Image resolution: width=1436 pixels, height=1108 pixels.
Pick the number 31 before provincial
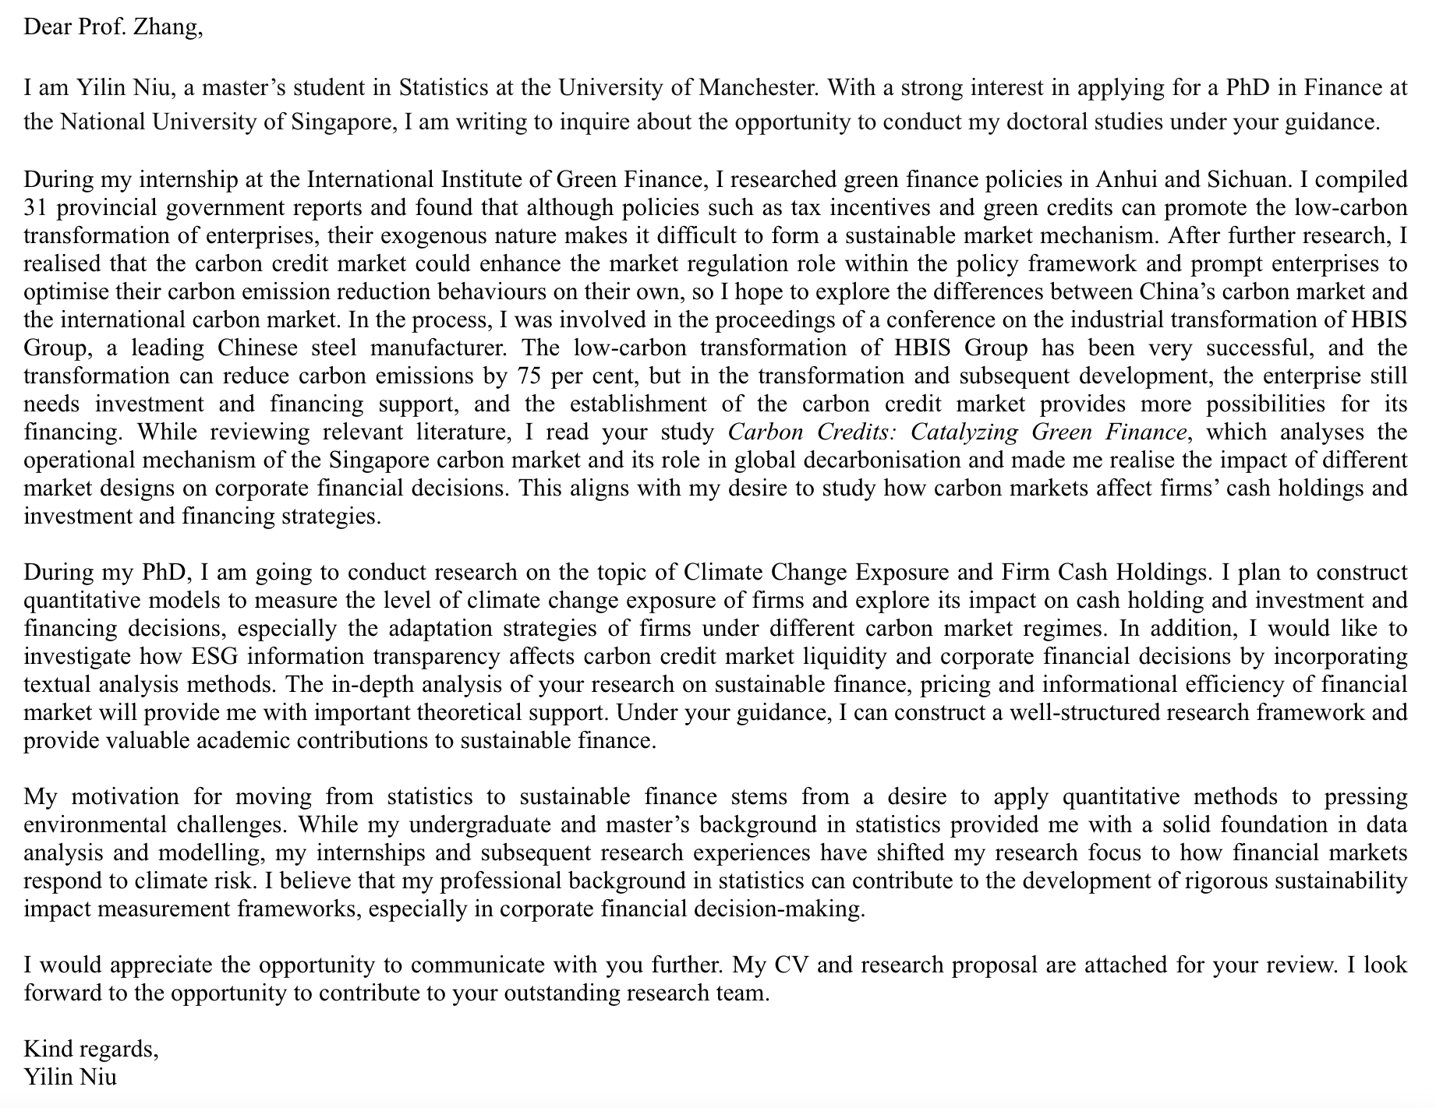[x=37, y=208]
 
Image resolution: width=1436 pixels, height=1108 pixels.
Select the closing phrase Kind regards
[x=90, y=1049]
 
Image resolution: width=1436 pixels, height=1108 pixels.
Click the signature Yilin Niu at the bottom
[x=70, y=1077]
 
